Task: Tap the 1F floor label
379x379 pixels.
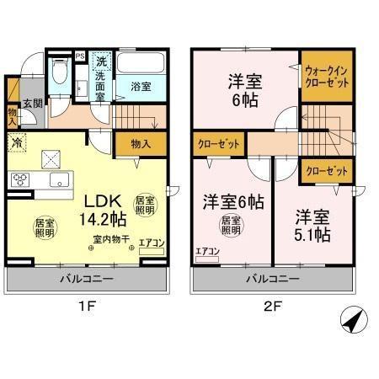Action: click(86, 307)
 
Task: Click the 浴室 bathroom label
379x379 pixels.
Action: click(140, 86)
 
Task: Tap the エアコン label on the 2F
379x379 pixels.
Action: click(206, 250)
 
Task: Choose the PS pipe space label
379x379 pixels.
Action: click(80, 56)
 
